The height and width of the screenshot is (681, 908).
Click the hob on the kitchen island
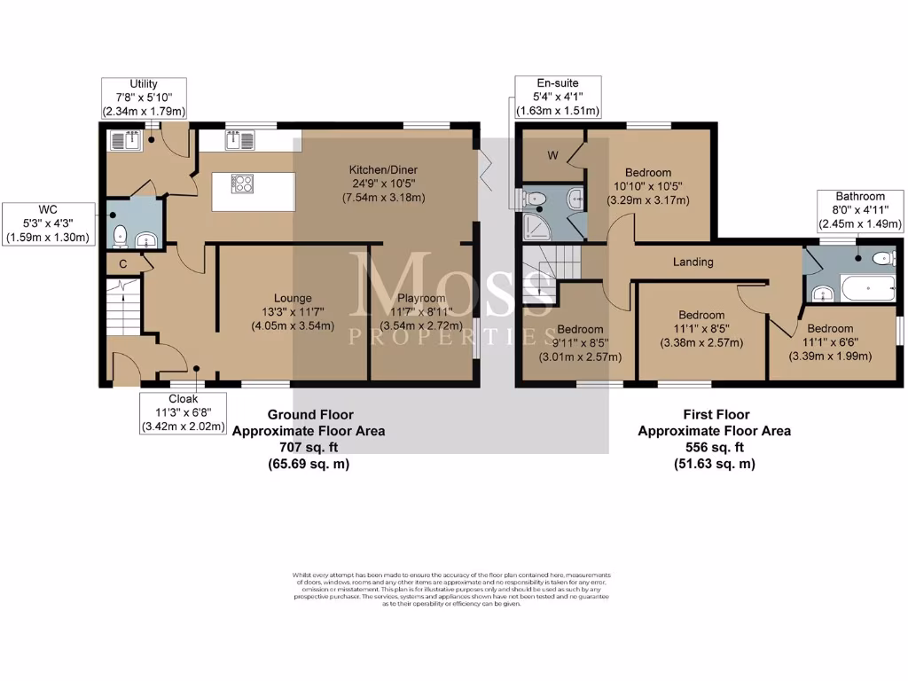[x=242, y=184]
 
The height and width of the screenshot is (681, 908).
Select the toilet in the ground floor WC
[x=120, y=236]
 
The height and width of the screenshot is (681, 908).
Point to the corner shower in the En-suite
[x=537, y=227]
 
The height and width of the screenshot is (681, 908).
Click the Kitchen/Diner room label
[x=383, y=169]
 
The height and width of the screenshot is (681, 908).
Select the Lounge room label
[x=293, y=298]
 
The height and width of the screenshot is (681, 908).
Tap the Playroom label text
[x=422, y=298]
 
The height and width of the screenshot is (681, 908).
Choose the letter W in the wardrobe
[x=552, y=157]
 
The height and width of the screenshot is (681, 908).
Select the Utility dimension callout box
[x=144, y=98]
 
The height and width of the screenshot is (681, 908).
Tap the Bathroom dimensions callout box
[x=860, y=210]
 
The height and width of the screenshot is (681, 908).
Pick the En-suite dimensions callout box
[x=559, y=97]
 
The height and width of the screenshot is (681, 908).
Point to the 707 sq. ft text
[x=308, y=448]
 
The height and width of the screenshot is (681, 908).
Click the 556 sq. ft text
[x=715, y=448]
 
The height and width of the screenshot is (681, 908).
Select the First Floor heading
[x=716, y=414]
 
